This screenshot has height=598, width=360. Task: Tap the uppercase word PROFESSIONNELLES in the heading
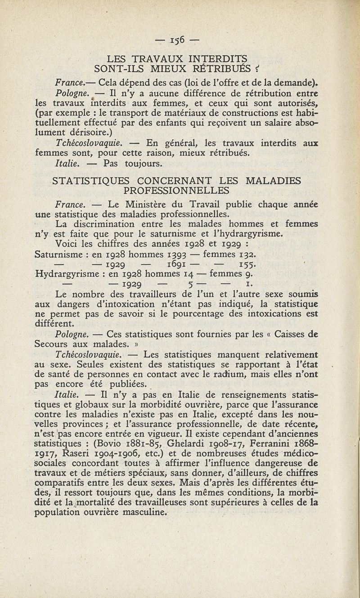(180, 192)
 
